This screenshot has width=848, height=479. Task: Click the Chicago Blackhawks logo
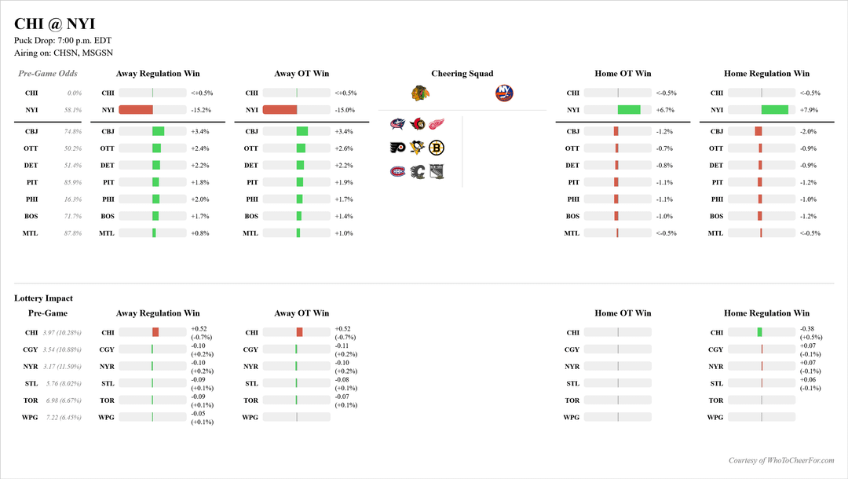pos(420,93)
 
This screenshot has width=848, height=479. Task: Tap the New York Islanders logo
pos(504,93)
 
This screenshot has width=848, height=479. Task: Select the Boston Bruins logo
pos(437,147)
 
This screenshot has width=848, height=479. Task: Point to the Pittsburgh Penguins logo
pos(417,147)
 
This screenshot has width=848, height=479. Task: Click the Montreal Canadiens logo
pos(397,170)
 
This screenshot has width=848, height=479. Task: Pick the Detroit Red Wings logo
pos(437,124)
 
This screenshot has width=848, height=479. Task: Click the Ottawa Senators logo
pos(417,124)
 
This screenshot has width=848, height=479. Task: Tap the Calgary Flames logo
pos(417,170)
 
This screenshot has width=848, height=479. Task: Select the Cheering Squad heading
pos(462,74)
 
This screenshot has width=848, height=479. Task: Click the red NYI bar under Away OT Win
pos(280,110)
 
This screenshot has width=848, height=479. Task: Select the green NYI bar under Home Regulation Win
pos(775,110)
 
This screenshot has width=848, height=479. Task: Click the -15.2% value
pos(201,110)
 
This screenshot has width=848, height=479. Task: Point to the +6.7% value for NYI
pos(665,110)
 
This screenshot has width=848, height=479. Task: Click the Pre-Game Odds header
pos(48,74)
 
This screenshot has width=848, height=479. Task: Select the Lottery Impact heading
pos(43,298)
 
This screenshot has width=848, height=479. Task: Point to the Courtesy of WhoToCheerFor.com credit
pos(781,461)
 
